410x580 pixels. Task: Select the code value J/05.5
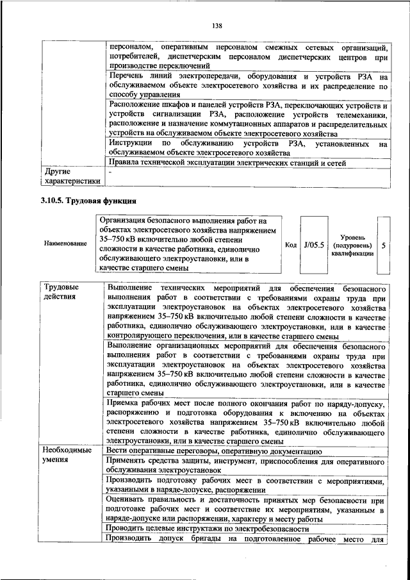click(x=315, y=245)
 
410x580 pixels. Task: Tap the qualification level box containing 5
click(x=383, y=245)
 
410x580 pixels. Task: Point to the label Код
click(x=290, y=245)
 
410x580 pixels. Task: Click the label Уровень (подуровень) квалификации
click(x=352, y=245)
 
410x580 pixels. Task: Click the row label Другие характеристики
click(x=70, y=176)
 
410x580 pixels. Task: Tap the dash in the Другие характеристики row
click(x=111, y=172)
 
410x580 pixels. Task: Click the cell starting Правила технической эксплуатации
click(x=227, y=163)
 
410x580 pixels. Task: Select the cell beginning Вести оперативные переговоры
click(x=218, y=451)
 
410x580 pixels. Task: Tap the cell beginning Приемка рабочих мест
click(x=248, y=423)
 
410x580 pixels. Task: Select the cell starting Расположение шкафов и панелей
click(x=248, y=119)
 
